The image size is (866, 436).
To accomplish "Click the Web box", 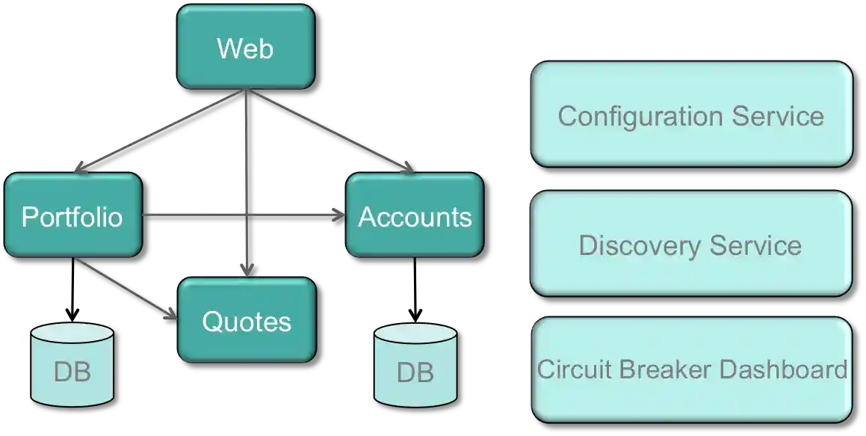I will click(x=245, y=49).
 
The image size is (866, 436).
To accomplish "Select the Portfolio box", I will click(x=72, y=216).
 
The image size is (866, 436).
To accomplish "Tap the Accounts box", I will click(x=415, y=216).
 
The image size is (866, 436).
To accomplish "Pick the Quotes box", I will click(x=247, y=321).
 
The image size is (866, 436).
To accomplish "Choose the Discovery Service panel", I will click(x=690, y=245).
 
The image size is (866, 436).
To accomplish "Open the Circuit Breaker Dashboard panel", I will click(x=690, y=369).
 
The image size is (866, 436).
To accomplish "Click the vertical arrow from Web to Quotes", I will click(x=247, y=187).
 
